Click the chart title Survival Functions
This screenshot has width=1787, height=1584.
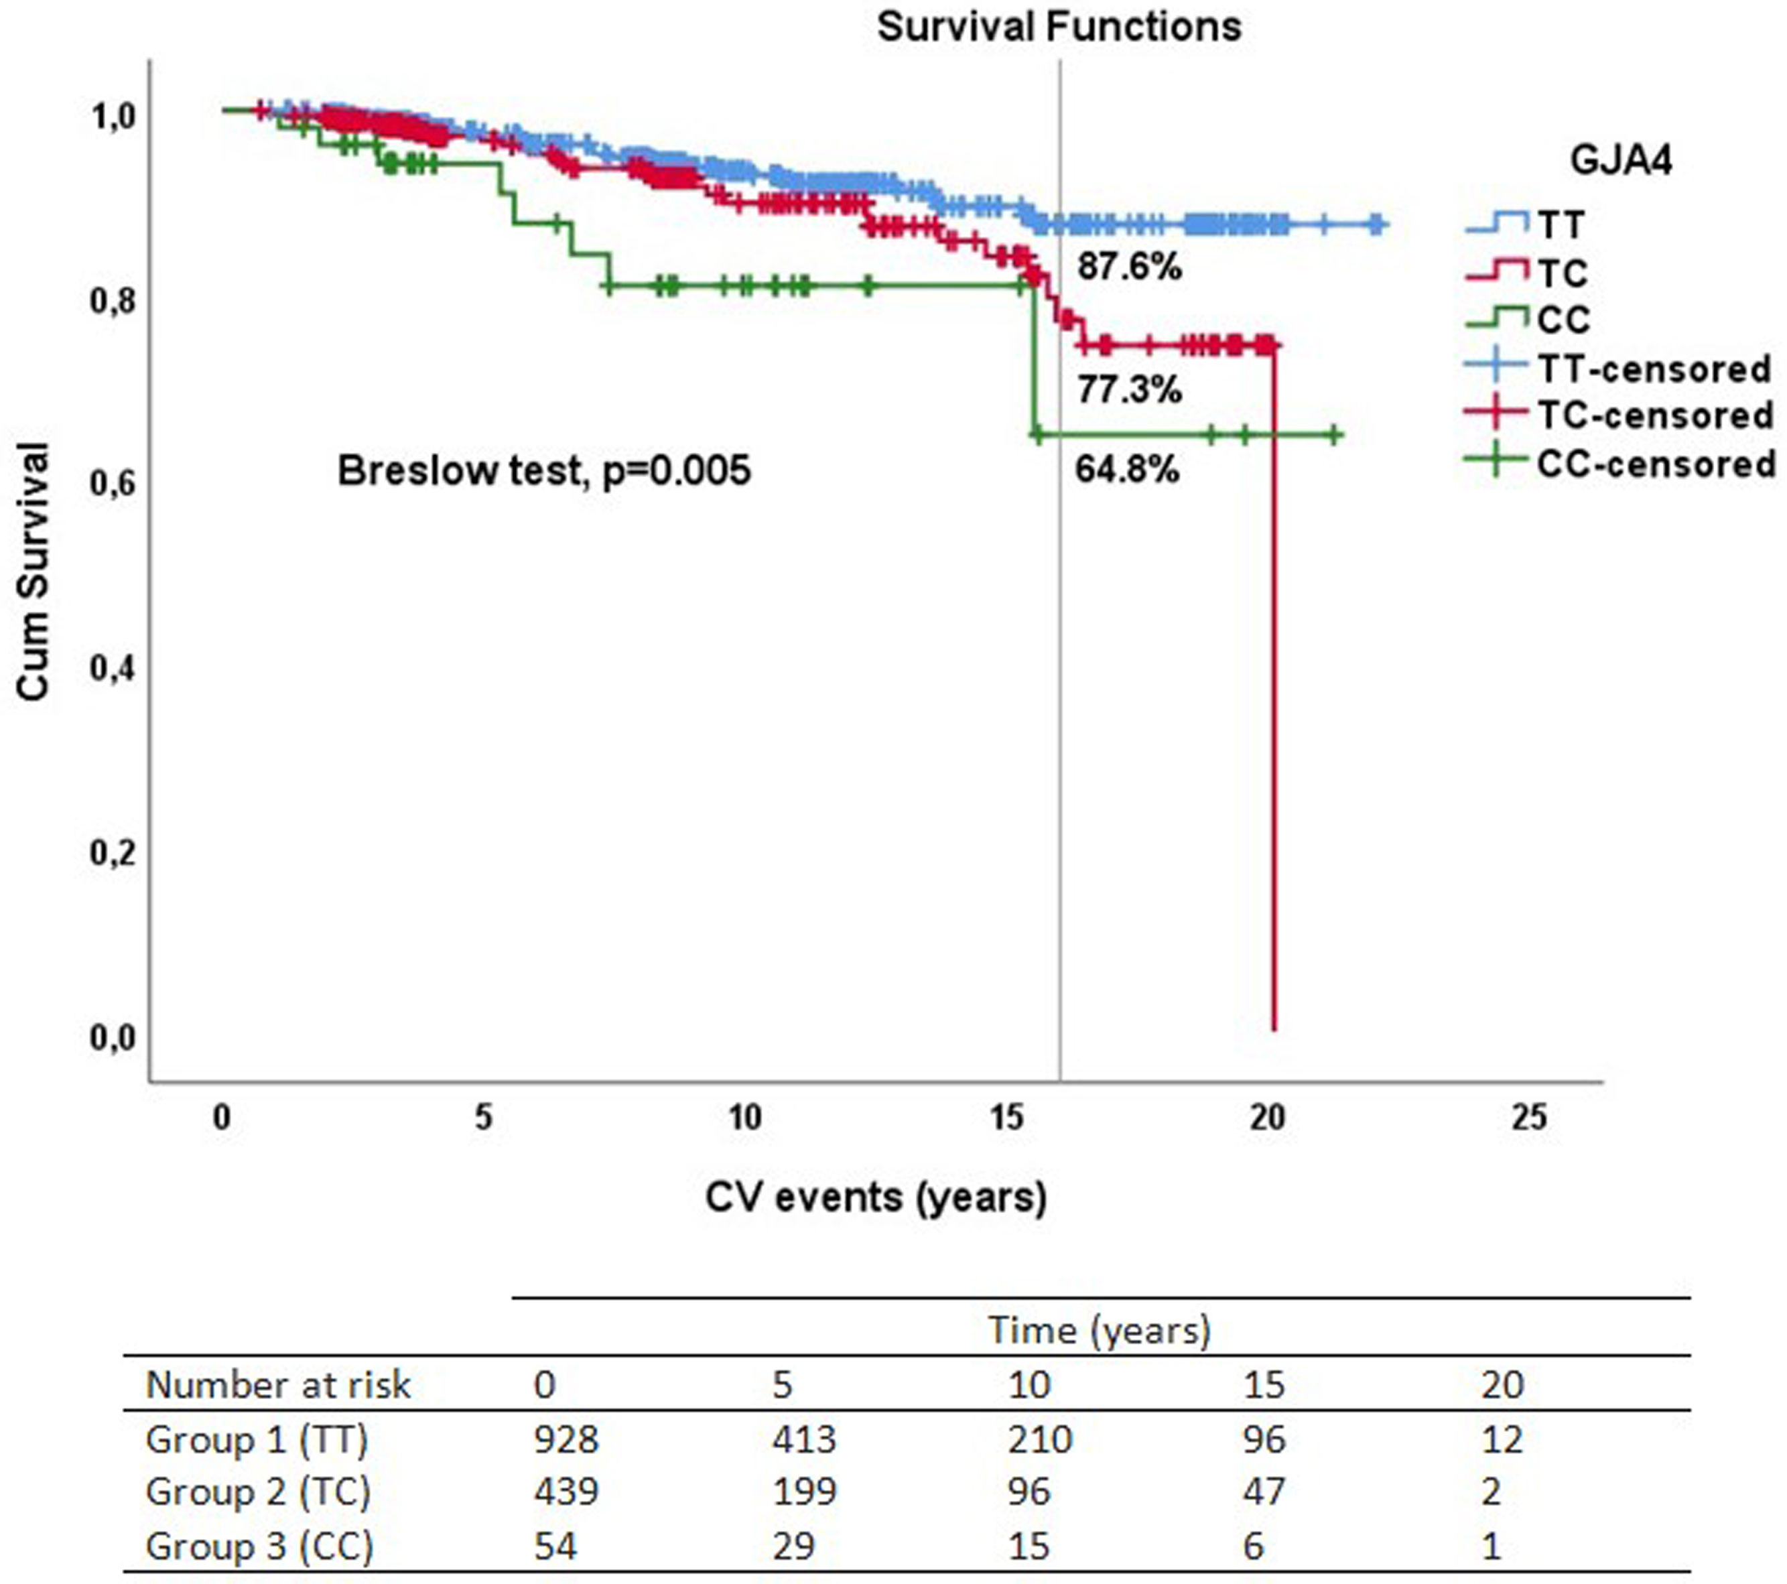(1059, 26)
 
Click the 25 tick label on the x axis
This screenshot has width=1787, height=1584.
(1528, 1117)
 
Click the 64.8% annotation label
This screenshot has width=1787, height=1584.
(1127, 470)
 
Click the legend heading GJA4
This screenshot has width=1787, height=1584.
(1621, 161)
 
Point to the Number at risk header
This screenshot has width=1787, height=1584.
(277, 1385)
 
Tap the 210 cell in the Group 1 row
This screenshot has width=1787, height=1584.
(1039, 1439)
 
